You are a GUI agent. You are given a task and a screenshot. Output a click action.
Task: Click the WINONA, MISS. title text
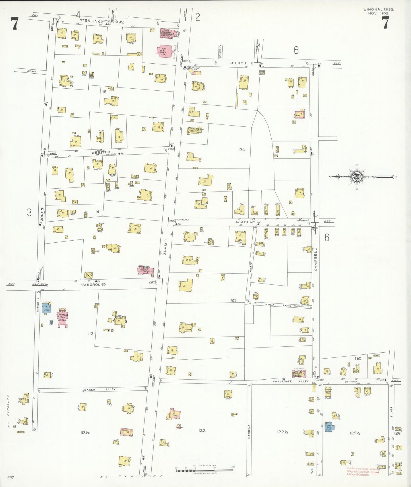click(378, 9)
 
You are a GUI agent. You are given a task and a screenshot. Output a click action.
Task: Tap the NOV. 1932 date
click(379, 13)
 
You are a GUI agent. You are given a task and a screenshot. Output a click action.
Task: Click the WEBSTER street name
click(100, 152)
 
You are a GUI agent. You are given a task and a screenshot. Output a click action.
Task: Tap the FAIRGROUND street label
click(93, 284)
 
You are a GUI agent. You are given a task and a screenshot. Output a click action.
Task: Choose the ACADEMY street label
click(245, 222)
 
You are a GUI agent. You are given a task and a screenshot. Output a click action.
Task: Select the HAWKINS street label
click(249, 432)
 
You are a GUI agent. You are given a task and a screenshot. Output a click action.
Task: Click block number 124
click(241, 149)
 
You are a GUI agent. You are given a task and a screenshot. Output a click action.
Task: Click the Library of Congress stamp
click(363, 472)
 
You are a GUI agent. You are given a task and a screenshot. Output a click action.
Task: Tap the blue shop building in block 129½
click(329, 427)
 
